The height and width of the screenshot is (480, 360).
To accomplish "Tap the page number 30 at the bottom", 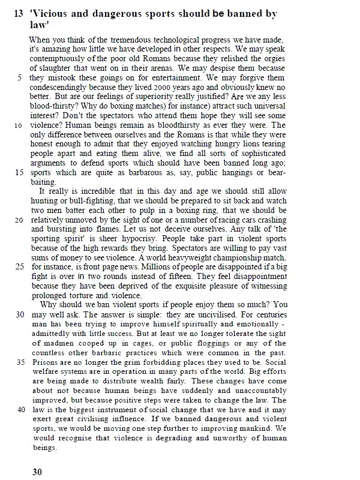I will (37, 472).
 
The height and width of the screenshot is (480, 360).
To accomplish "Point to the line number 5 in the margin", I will (21, 77).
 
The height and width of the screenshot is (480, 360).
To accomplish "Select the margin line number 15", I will (19, 172).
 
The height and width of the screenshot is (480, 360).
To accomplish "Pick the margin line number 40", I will (19, 409).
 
